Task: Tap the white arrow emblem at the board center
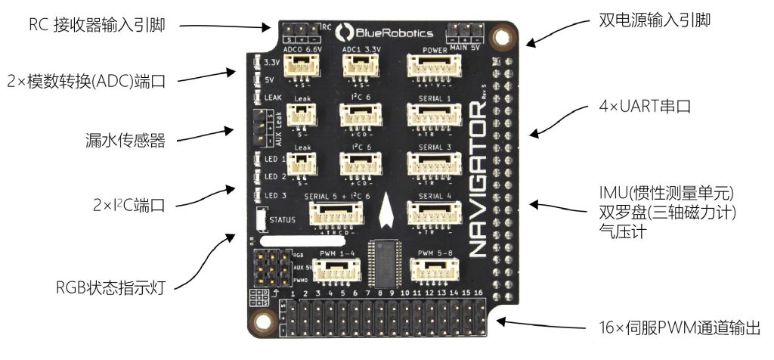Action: [x=386, y=211]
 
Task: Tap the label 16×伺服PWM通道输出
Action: [x=679, y=328]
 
